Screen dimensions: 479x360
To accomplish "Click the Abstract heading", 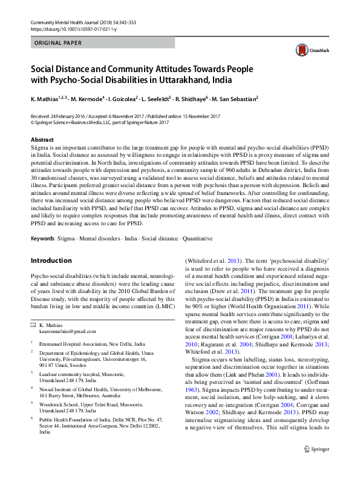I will pyautogui.click(x=42, y=139).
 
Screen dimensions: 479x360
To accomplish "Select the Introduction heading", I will pyautogui.click(x=51, y=260).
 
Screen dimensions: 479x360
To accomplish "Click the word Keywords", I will pyautogui.click(x=42, y=239).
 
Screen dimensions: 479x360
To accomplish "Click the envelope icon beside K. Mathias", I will pyautogui.click(x=33, y=326).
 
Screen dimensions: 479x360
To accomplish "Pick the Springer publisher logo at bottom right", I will pyautogui.click(x=316, y=466).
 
